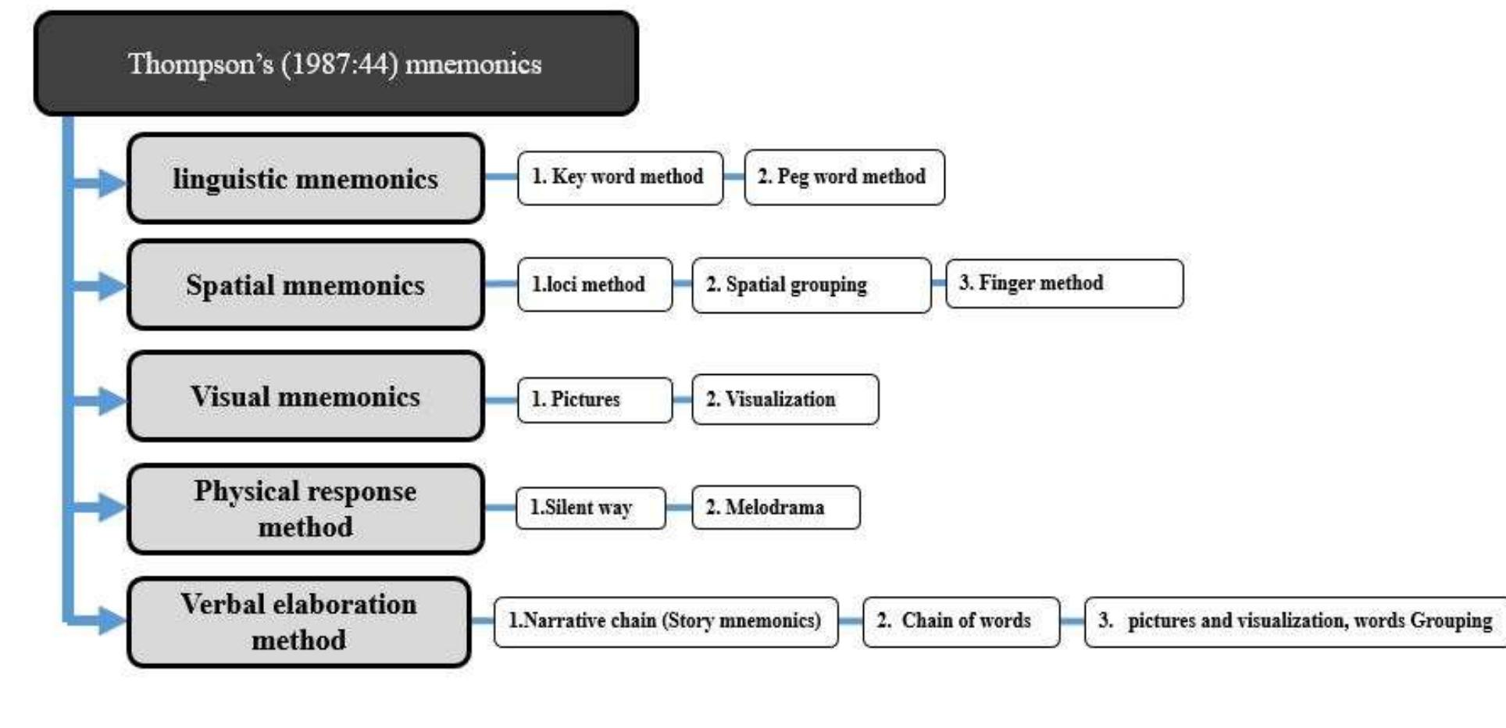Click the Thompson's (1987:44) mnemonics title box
coord(336,63)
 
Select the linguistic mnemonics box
coord(305,179)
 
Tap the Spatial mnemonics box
coord(305,285)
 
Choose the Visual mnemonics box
coord(305,397)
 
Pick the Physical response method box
coord(305,509)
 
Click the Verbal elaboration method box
coord(299,622)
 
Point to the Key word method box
coord(619,177)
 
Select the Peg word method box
coord(844,177)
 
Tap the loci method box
coord(594,284)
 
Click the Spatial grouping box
coord(811,285)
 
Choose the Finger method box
coord(1064,284)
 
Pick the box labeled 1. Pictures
coord(594,400)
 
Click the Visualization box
coord(785,399)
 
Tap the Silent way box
coord(591,508)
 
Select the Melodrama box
coord(776,508)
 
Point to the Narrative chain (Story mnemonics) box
coord(666,622)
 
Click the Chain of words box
coord(961,622)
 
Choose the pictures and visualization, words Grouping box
coord(1295,622)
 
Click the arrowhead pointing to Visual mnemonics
coord(112,401)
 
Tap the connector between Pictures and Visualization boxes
coord(682,400)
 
